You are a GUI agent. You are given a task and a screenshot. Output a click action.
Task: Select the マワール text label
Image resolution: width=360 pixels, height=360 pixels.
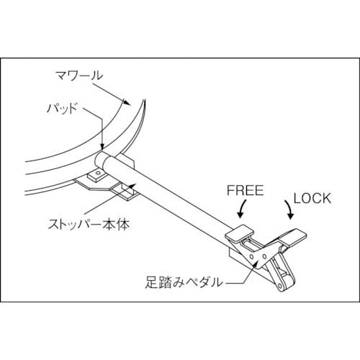coord(78,74)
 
